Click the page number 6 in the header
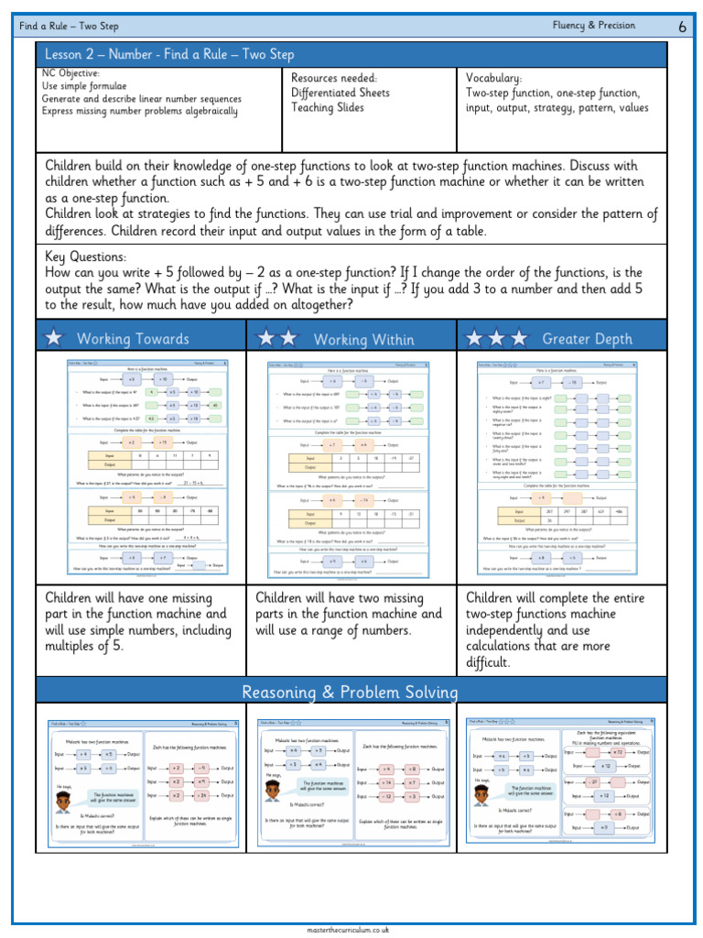[x=682, y=27]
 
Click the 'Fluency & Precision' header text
[x=594, y=26]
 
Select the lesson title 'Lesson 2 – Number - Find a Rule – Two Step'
[x=169, y=56]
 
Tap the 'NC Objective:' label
[x=71, y=73]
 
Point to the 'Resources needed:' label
[x=334, y=79]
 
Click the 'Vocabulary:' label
[x=494, y=79]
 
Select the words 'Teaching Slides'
[x=328, y=108]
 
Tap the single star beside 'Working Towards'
[x=55, y=338]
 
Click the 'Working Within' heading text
[x=363, y=340]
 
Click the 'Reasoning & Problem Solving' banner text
[x=351, y=692]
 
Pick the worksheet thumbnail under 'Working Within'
[x=352, y=467]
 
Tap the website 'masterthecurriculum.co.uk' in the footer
[x=351, y=929]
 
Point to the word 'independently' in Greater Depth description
[x=513, y=630]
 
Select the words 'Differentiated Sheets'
[x=341, y=93]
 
